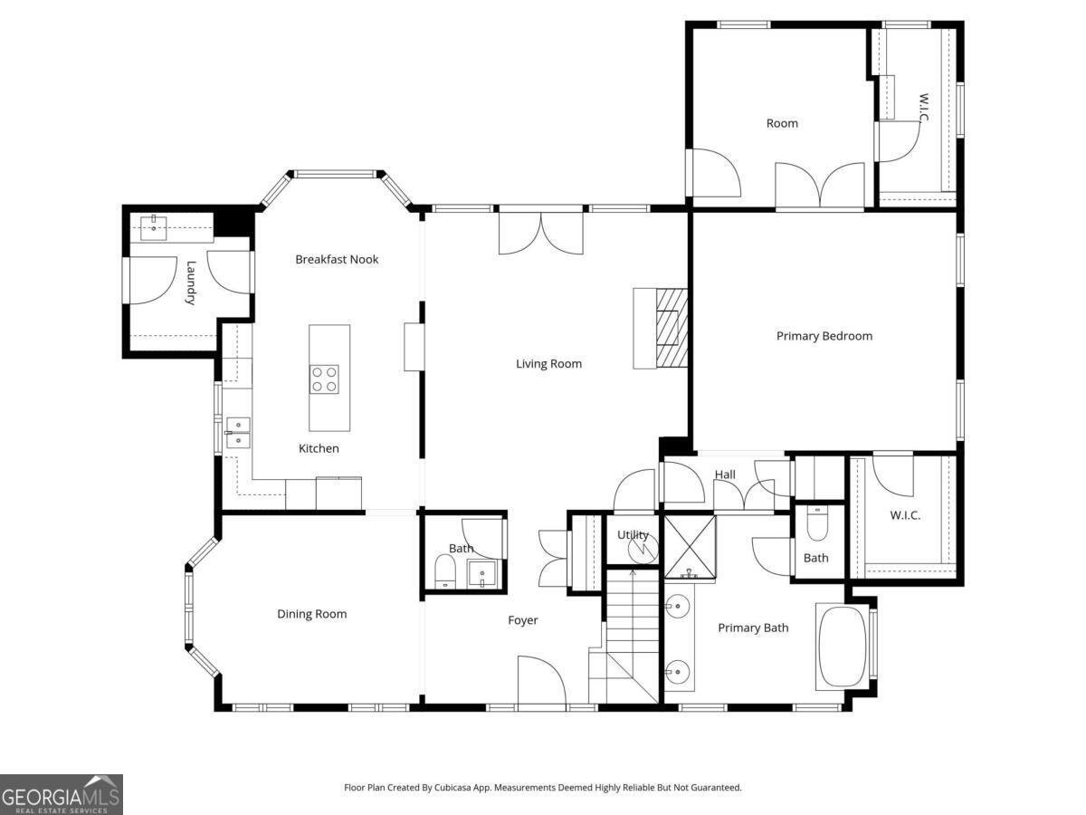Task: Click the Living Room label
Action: (x=548, y=364)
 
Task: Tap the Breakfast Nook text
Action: (x=337, y=259)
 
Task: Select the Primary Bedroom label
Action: (x=824, y=336)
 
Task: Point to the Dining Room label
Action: (x=311, y=614)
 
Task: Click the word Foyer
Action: (x=522, y=620)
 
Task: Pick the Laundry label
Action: (x=190, y=283)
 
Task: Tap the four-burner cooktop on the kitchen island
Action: (x=324, y=379)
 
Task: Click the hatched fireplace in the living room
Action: (x=672, y=328)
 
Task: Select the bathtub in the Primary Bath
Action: (x=842, y=647)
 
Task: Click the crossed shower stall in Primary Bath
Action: (x=690, y=547)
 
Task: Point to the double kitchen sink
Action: (x=238, y=433)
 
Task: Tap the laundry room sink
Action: (x=153, y=228)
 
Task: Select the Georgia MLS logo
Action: (x=62, y=794)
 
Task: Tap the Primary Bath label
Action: (x=753, y=628)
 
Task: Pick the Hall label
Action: (x=725, y=475)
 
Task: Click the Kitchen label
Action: (x=319, y=448)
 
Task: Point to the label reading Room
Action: (x=782, y=123)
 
